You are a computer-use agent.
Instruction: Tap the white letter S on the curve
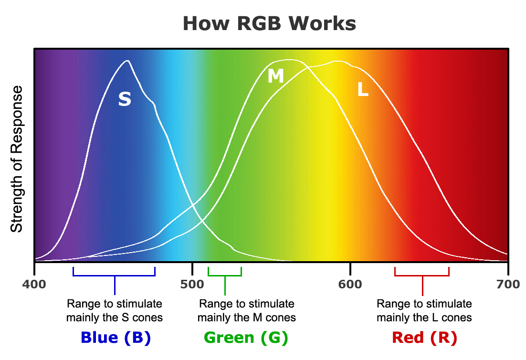click(125, 99)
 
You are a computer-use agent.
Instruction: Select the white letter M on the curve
click(275, 76)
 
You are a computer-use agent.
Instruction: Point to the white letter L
click(363, 90)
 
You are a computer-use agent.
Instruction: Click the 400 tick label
click(34, 285)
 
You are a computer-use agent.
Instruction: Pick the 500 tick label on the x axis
click(192, 285)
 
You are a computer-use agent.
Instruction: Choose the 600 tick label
click(350, 285)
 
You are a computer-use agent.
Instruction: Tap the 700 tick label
click(508, 285)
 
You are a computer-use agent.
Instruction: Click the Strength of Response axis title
click(17, 159)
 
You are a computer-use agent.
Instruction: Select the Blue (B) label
click(116, 338)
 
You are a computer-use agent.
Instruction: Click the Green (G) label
click(246, 338)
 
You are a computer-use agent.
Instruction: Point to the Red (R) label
click(424, 338)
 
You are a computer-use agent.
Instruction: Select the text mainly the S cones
click(115, 318)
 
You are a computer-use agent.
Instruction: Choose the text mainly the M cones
click(246, 318)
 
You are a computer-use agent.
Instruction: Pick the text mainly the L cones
click(424, 318)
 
